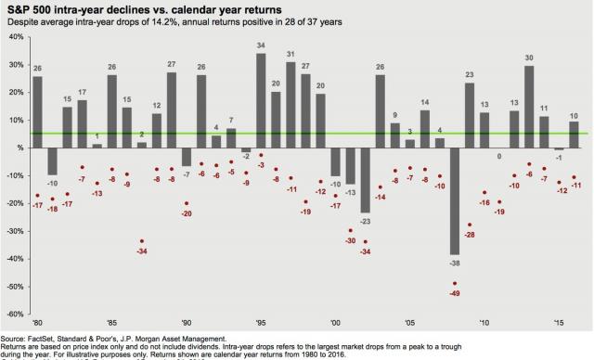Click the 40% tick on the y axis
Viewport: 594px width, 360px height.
pos(16,37)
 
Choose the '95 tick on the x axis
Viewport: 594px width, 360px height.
pos(261,324)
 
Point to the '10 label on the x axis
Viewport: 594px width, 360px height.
pos(484,324)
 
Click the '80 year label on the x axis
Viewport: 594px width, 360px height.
pos(37,324)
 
